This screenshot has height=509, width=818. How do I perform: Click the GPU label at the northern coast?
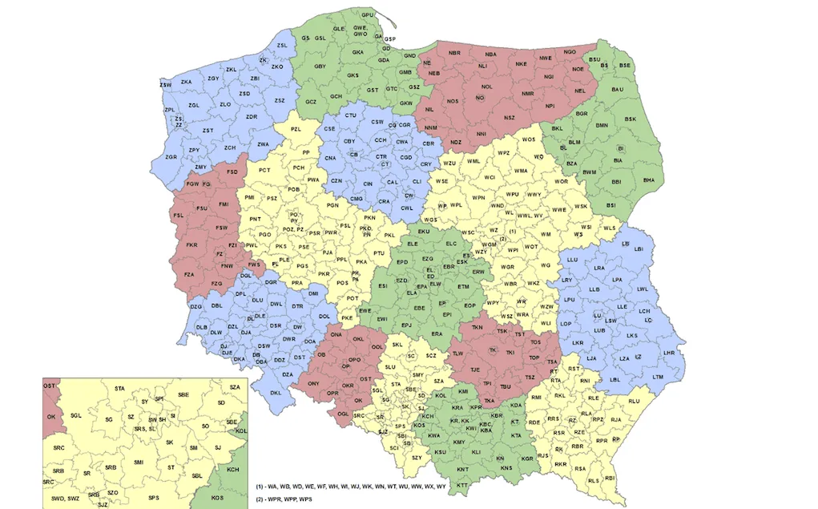pyautogui.click(x=368, y=15)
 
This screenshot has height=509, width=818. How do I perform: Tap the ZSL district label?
pyautogui.click(x=281, y=46)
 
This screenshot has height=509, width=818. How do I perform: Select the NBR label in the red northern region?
pyautogui.click(x=454, y=53)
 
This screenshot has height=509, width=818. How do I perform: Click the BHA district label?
pyautogui.click(x=648, y=180)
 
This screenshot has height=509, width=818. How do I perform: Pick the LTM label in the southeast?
pyautogui.click(x=658, y=377)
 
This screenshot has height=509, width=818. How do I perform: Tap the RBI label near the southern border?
pyautogui.click(x=610, y=478)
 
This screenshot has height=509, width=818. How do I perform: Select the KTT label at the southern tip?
pyautogui.click(x=462, y=486)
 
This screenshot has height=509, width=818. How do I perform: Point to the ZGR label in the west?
pyautogui.click(x=171, y=157)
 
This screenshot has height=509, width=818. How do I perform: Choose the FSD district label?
pyautogui.click(x=232, y=172)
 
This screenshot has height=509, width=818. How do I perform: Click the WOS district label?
pyautogui.click(x=528, y=140)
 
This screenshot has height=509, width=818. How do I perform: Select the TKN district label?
pyautogui.click(x=478, y=327)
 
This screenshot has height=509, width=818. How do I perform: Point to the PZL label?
pyautogui.click(x=296, y=129)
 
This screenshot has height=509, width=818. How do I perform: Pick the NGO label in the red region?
pyautogui.click(x=570, y=51)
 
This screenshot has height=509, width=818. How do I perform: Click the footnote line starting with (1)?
pyautogui.click(x=351, y=487)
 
